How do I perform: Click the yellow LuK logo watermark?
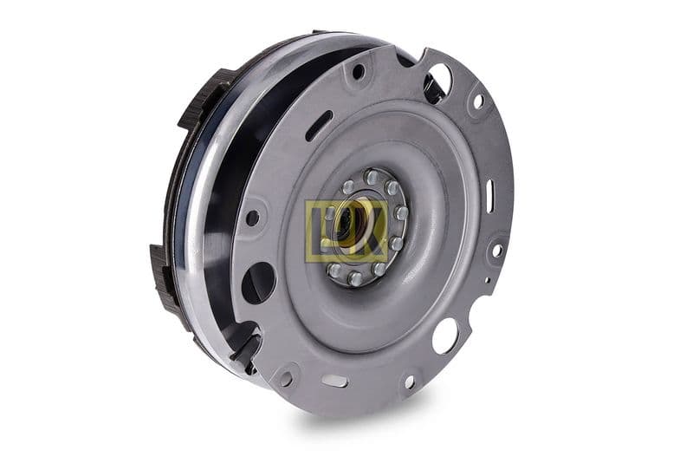(346, 230)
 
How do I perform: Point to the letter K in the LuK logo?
(372, 231)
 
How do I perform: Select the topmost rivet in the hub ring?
(372, 177)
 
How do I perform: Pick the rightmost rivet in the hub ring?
(402, 212)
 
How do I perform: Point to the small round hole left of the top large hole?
(358, 71)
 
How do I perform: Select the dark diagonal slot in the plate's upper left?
(318, 125)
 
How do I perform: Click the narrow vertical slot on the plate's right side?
(490, 196)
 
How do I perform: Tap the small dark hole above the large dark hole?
(252, 218)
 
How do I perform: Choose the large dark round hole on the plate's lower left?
(258, 283)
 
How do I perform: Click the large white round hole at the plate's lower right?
(444, 336)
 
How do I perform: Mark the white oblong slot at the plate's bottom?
(334, 380)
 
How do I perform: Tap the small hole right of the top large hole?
(477, 101)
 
